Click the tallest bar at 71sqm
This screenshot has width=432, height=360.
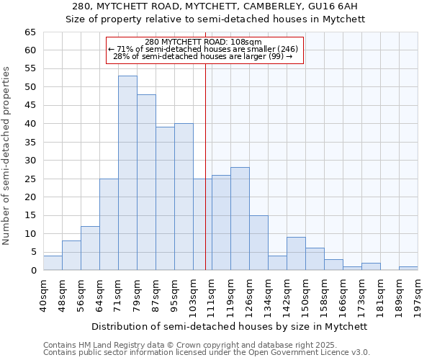(x=127, y=173)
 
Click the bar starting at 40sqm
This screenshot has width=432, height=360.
(x=53, y=263)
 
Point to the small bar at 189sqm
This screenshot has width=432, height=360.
(x=408, y=269)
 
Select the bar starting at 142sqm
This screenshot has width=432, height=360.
(x=296, y=253)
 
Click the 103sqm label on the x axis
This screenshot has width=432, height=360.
(x=194, y=292)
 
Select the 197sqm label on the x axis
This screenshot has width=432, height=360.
(x=418, y=292)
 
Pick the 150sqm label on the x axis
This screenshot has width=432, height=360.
(x=306, y=292)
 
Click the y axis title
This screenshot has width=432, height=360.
(x=7, y=156)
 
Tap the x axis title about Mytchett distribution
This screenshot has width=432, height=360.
(x=230, y=326)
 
